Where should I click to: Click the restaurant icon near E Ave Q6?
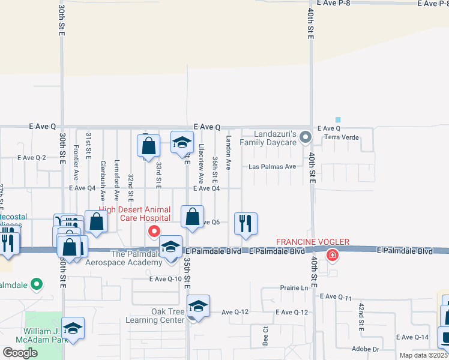coord(246,223)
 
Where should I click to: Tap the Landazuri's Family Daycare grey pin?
coord(305,137)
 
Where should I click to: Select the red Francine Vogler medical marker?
coord(331,256)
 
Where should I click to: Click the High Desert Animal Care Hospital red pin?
coord(154,232)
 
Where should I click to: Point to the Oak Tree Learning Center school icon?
coord(198,306)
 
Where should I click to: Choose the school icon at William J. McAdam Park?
coord(73,328)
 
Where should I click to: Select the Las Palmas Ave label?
coord(273,167)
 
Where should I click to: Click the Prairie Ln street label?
coord(294,288)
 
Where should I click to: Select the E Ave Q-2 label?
coord(32,158)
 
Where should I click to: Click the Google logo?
coord(20,353)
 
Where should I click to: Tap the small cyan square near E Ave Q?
coord(338,120)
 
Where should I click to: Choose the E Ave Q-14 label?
coord(412,337)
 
